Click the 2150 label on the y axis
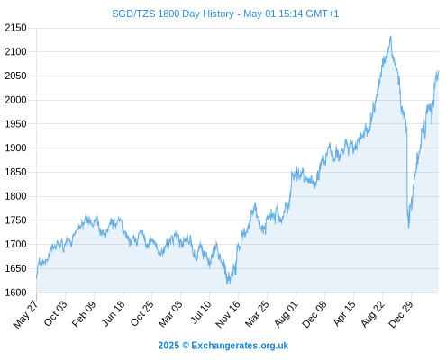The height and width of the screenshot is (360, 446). [15, 28]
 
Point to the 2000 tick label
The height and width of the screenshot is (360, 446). [15, 100]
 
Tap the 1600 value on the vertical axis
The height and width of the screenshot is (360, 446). [15, 292]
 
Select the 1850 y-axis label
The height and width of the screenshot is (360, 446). [15, 172]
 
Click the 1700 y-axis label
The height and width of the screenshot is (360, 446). [15, 244]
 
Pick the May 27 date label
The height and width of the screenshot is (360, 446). [25, 314]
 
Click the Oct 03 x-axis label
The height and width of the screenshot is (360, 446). [56, 313]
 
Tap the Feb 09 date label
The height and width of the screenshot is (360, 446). [84, 313]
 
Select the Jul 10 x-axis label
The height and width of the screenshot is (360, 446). [201, 312]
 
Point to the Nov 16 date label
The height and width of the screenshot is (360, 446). [228, 314]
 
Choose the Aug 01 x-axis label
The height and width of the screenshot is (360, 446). [287, 314]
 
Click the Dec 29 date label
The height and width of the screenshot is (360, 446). [401, 314]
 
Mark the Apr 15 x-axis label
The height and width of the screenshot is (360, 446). [344, 313]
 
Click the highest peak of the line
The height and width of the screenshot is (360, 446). [390, 36]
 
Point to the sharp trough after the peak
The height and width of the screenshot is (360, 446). [408, 228]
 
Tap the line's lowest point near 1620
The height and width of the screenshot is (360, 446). [228, 283]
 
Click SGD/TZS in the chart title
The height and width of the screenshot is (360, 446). [133, 13]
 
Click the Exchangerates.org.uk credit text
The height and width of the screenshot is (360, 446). [240, 346]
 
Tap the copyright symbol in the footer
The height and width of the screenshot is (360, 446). [186, 346]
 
